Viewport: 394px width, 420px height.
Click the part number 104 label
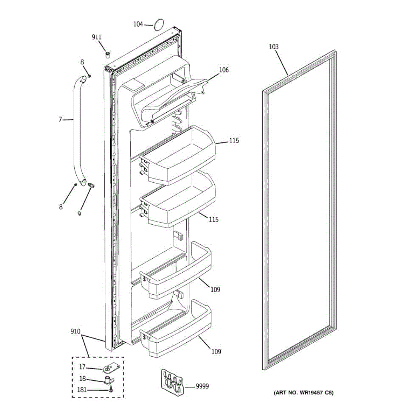pos(138,24)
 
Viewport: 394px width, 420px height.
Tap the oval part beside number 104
pos(159,24)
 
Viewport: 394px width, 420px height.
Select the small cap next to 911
pos(108,55)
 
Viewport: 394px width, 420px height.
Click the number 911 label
pos(97,37)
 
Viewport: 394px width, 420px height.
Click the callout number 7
pos(60,120)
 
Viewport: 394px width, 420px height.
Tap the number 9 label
pos(79,214)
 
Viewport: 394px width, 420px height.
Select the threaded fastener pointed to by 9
pos(92,185)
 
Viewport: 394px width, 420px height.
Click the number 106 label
pos(224,70)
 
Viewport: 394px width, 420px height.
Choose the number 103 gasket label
pos(274,47)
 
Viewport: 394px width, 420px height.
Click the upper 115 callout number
pos(234,140)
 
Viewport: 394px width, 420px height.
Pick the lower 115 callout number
pos(214,219)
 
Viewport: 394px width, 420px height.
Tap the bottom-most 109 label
pos(216,351)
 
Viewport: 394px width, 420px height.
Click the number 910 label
pos(75,331)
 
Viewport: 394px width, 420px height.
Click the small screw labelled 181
pos(111,390)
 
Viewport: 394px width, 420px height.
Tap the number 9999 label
pos(202,386)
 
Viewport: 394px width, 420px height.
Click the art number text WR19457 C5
pos(304,393)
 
